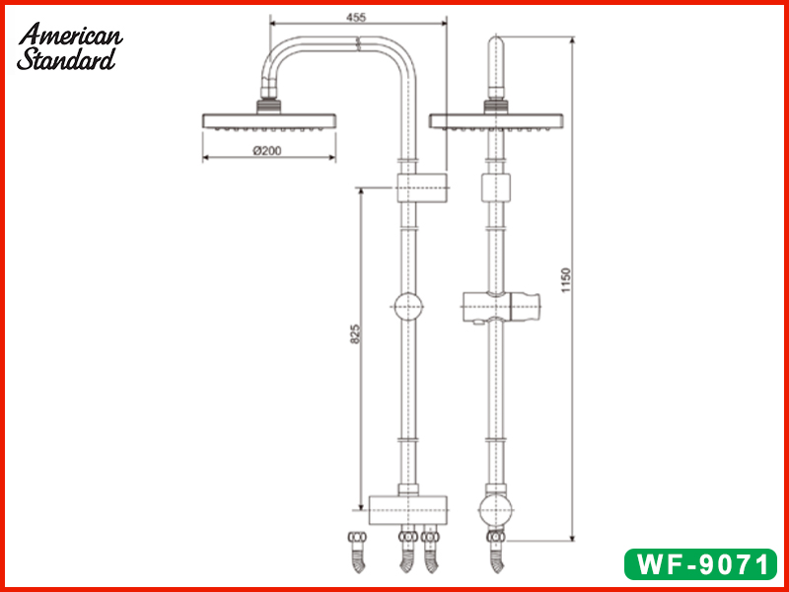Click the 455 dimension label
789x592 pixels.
357,16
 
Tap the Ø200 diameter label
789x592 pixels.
268,150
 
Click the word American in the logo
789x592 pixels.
71,36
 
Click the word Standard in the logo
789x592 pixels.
66,59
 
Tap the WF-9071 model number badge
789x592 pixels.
699,564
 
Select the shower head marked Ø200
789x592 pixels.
270,121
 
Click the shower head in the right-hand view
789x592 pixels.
495,121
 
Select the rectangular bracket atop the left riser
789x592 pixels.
422,186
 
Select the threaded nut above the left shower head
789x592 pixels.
269,102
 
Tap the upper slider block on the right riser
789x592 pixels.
495,186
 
